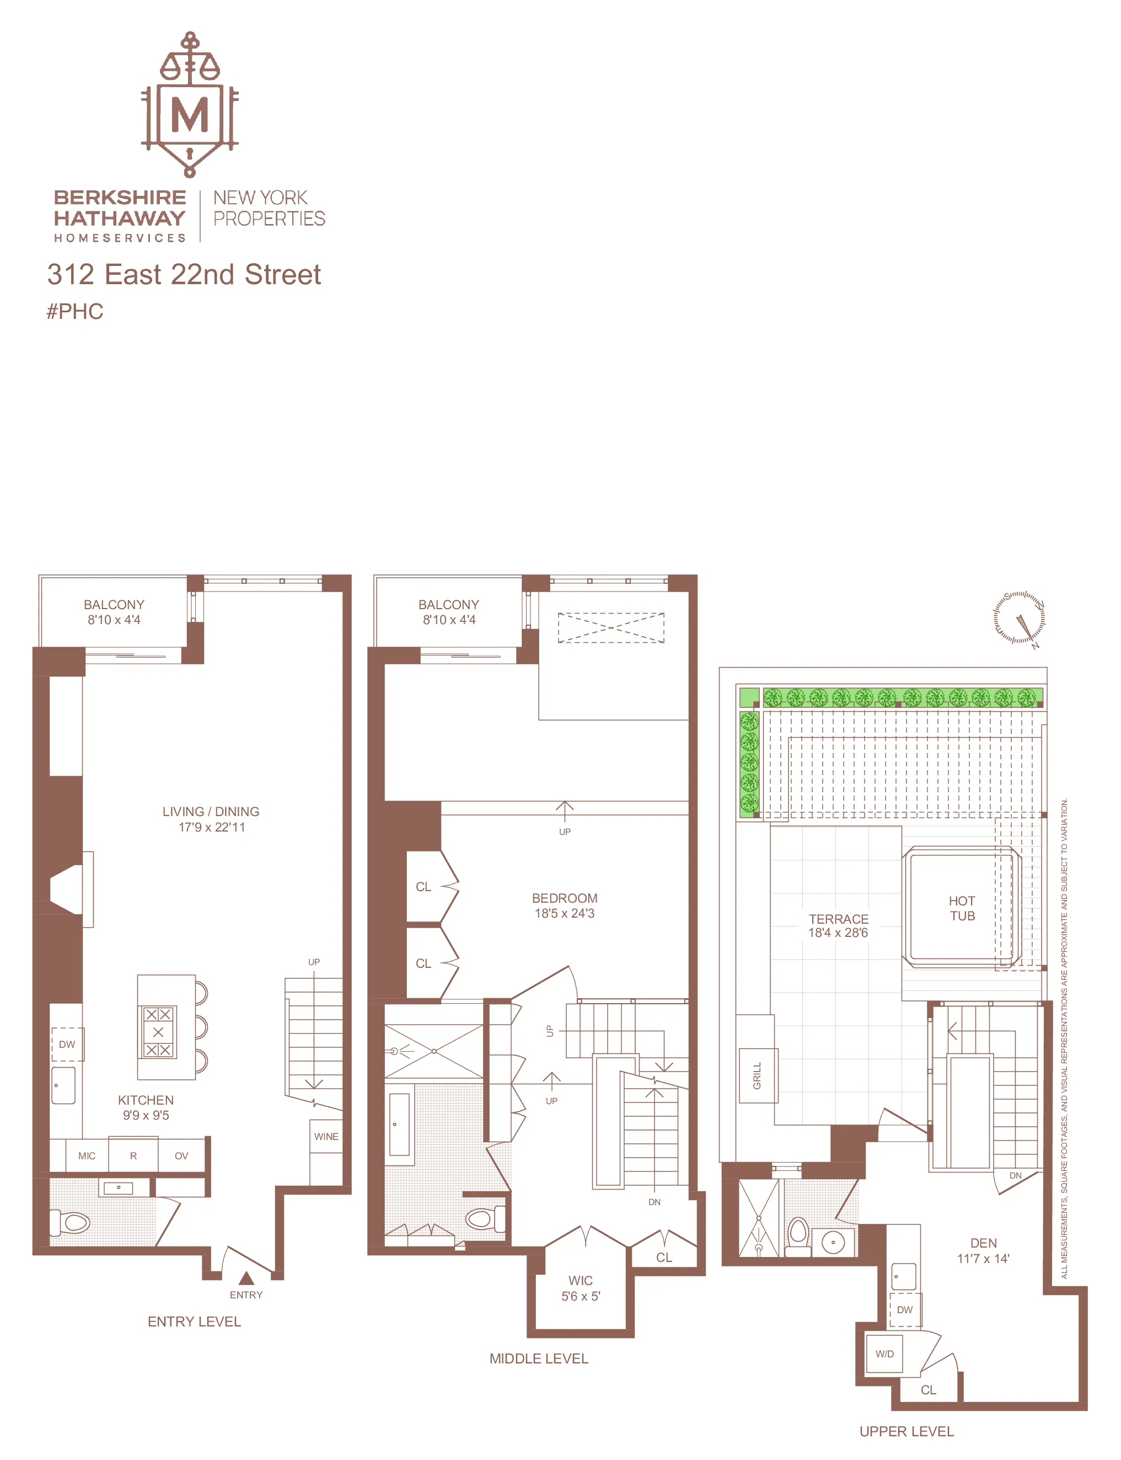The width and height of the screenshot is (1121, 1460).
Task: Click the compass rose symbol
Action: pyautogui.click(x=1020, y=618)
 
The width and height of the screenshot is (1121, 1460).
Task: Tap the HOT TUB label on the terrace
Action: pyautogui.click(x=962, y=909)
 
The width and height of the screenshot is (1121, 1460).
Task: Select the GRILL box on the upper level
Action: pyautogui.click(x=757, y=1075)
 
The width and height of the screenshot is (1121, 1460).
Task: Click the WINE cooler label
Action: pyautogui.click(x=326, y=1136)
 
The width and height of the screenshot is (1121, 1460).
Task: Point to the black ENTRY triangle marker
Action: pyautogui.click(x=246, y=1278)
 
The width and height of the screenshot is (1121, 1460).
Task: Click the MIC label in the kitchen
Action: pyautogui.click(x=87, y=1155)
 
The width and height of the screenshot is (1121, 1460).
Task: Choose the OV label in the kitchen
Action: pyautogui.click(x=181, y=1155)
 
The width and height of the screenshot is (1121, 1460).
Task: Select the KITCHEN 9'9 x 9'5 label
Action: pyautogui.click(x=146, y=1107)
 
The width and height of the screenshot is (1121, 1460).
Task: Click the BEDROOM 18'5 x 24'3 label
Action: pyautogui.click(x=565, y=905)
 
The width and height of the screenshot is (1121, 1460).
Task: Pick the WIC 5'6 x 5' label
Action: pyautogui.click(x=581, y=1288)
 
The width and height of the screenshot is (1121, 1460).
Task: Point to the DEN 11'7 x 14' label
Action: pyautogui.click(x=983, y=1250)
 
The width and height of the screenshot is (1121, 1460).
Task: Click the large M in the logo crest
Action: pyautogui.click(x=190, y=115)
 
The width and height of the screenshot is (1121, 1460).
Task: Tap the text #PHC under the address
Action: pyautogui.click(x=75, y=312)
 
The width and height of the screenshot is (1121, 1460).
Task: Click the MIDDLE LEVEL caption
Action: pyautogui.click(x=539, y=1358)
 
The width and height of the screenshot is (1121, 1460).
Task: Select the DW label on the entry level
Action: pyautogui.click(x=67, y=1044)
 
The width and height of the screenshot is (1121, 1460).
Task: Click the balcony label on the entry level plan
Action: pyautogui.click(x=114, y=611)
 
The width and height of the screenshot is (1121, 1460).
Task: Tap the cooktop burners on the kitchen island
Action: pyautogui.click(x=158, y=1032)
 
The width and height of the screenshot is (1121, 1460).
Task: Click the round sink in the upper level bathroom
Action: pyautogui.click(x=833, y=1241)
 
